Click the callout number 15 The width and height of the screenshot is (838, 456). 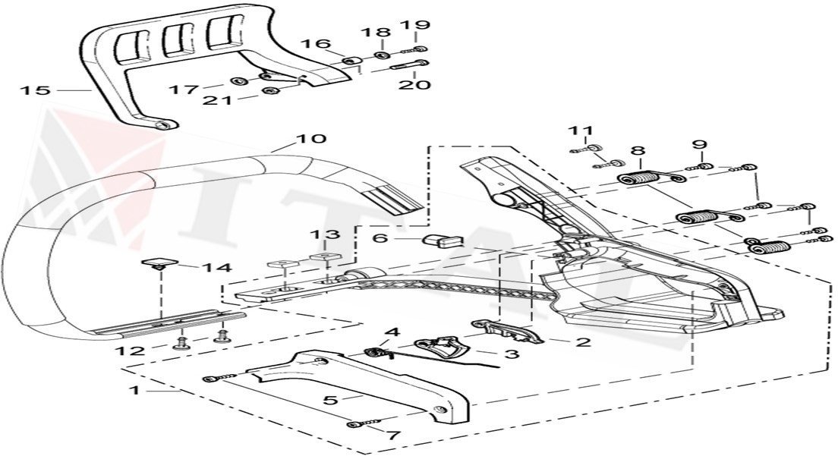pyautogui.click(x=35, y=91)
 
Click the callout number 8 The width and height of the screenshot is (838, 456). pyautogui.click(x=637, y=150)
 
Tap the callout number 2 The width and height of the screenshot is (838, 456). pyautogui.click(x=582, y=342)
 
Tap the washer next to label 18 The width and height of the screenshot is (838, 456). pyautogui.click(x=383, y=55)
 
